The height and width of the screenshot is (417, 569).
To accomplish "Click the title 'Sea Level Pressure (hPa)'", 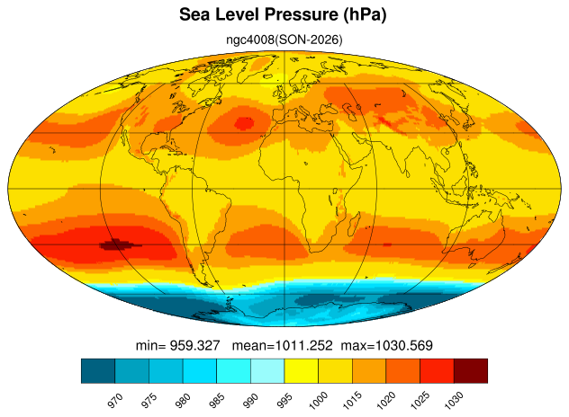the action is tap(283, 15).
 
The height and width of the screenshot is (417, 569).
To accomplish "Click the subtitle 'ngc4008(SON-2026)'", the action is tap(284, 40).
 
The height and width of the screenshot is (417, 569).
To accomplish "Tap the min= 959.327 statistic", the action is tap(178, 345).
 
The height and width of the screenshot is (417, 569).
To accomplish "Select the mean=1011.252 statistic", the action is tap(282, 345).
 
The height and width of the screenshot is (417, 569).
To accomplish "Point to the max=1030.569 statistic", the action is tap(386, 345).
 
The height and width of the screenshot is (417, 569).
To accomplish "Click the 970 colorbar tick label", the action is tap(115, 400).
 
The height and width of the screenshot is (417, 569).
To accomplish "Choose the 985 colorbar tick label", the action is tap(217, 400).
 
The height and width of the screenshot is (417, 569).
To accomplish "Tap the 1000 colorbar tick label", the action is tap(318, 400).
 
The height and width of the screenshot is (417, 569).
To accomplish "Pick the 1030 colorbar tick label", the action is tap(454, 400).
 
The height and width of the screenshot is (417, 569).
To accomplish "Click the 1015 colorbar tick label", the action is tap(352, 400).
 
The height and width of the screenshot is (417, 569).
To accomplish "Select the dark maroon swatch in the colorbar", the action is tap(471, 370).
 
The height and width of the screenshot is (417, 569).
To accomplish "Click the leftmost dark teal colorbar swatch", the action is tap(98, 370).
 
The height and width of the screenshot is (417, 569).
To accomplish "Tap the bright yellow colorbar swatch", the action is tap(302, 370).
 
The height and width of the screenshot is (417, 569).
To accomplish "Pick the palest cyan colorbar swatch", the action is tap(267, 370).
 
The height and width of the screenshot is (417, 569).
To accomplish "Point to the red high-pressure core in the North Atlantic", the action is tap(243, 123).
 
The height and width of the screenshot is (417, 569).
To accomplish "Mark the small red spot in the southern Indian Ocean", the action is tap(387, 245).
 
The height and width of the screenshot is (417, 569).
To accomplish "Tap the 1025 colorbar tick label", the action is tap(420, 400).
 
